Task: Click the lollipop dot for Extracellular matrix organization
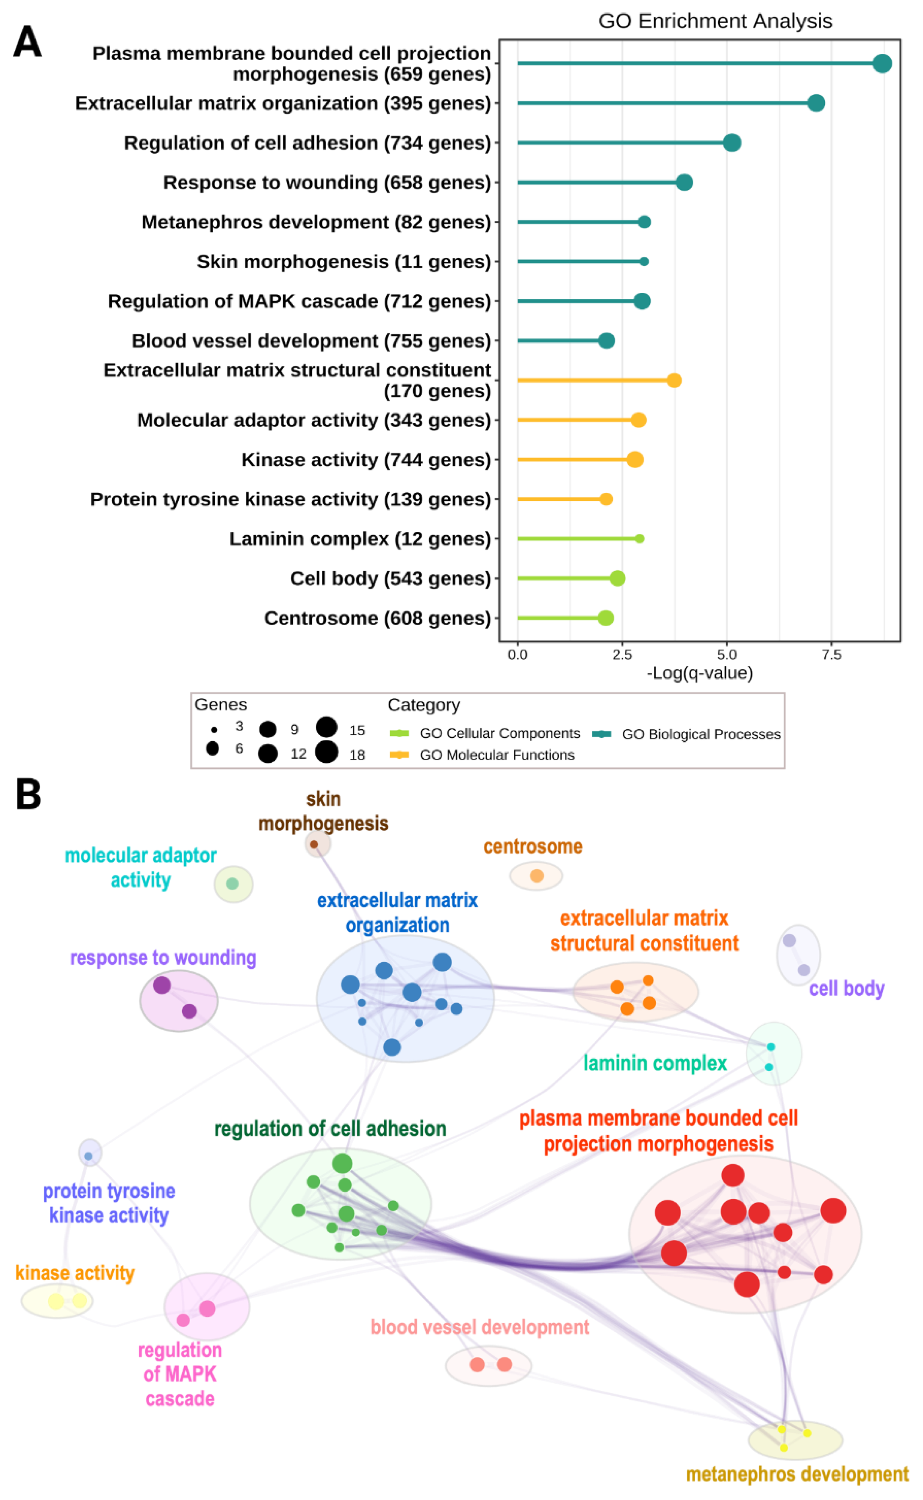point(815,103)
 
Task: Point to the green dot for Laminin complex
point(639,539)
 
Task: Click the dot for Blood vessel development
point(606,341)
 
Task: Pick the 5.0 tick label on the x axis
point(726,655)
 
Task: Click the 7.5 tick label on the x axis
point(831,655)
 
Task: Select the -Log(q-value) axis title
point(699,673)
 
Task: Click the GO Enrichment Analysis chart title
point(715,21)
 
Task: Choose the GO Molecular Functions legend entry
point(496,755)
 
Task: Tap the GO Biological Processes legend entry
point(700,734)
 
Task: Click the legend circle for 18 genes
point(327,752)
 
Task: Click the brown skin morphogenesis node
point(314,845)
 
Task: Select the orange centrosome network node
point(537,876)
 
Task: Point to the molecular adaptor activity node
point(232,884)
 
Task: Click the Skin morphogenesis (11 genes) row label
point(344,262)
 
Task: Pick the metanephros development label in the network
point(796,1474)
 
